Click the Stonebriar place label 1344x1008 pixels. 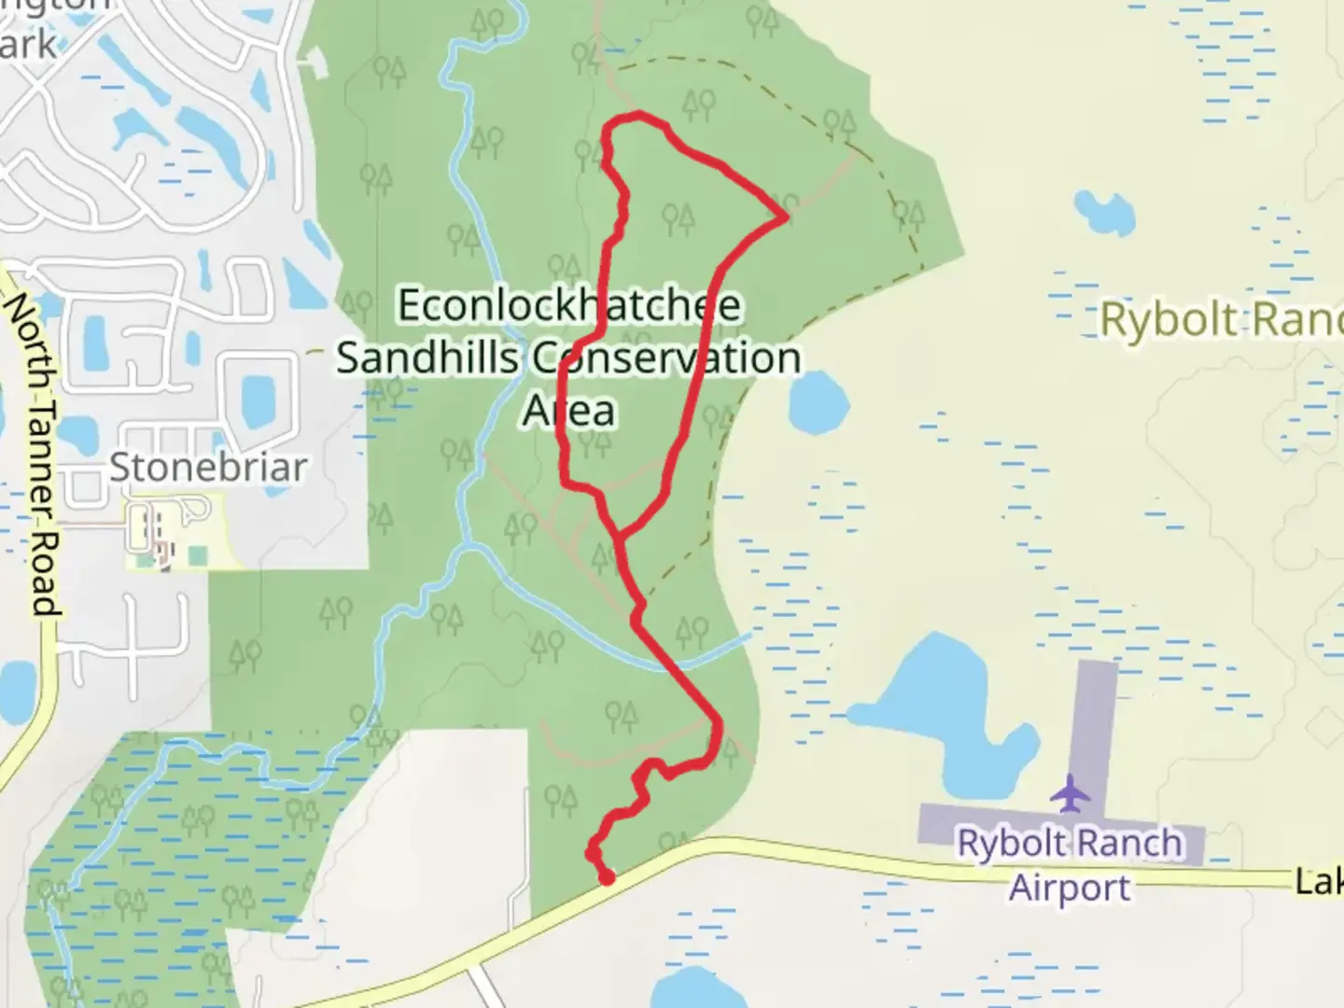click(x=207, y=467)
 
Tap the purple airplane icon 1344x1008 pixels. click(x=1070, y=793)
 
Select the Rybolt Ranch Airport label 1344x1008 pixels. click(x=1070, y=864)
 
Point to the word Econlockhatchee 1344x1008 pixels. click(x=569, y=305)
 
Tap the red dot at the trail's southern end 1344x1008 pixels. click(x=607, y=877)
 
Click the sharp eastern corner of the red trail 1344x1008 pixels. click(x=787, y=217)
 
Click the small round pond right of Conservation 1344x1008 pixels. click(x=819, y=399)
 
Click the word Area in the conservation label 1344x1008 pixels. click(x=569, y=411)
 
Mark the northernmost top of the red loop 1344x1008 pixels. click(x=638, y=115)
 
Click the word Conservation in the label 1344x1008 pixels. click(x=666, y=357)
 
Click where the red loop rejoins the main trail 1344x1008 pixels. click(x=617, y=535)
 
